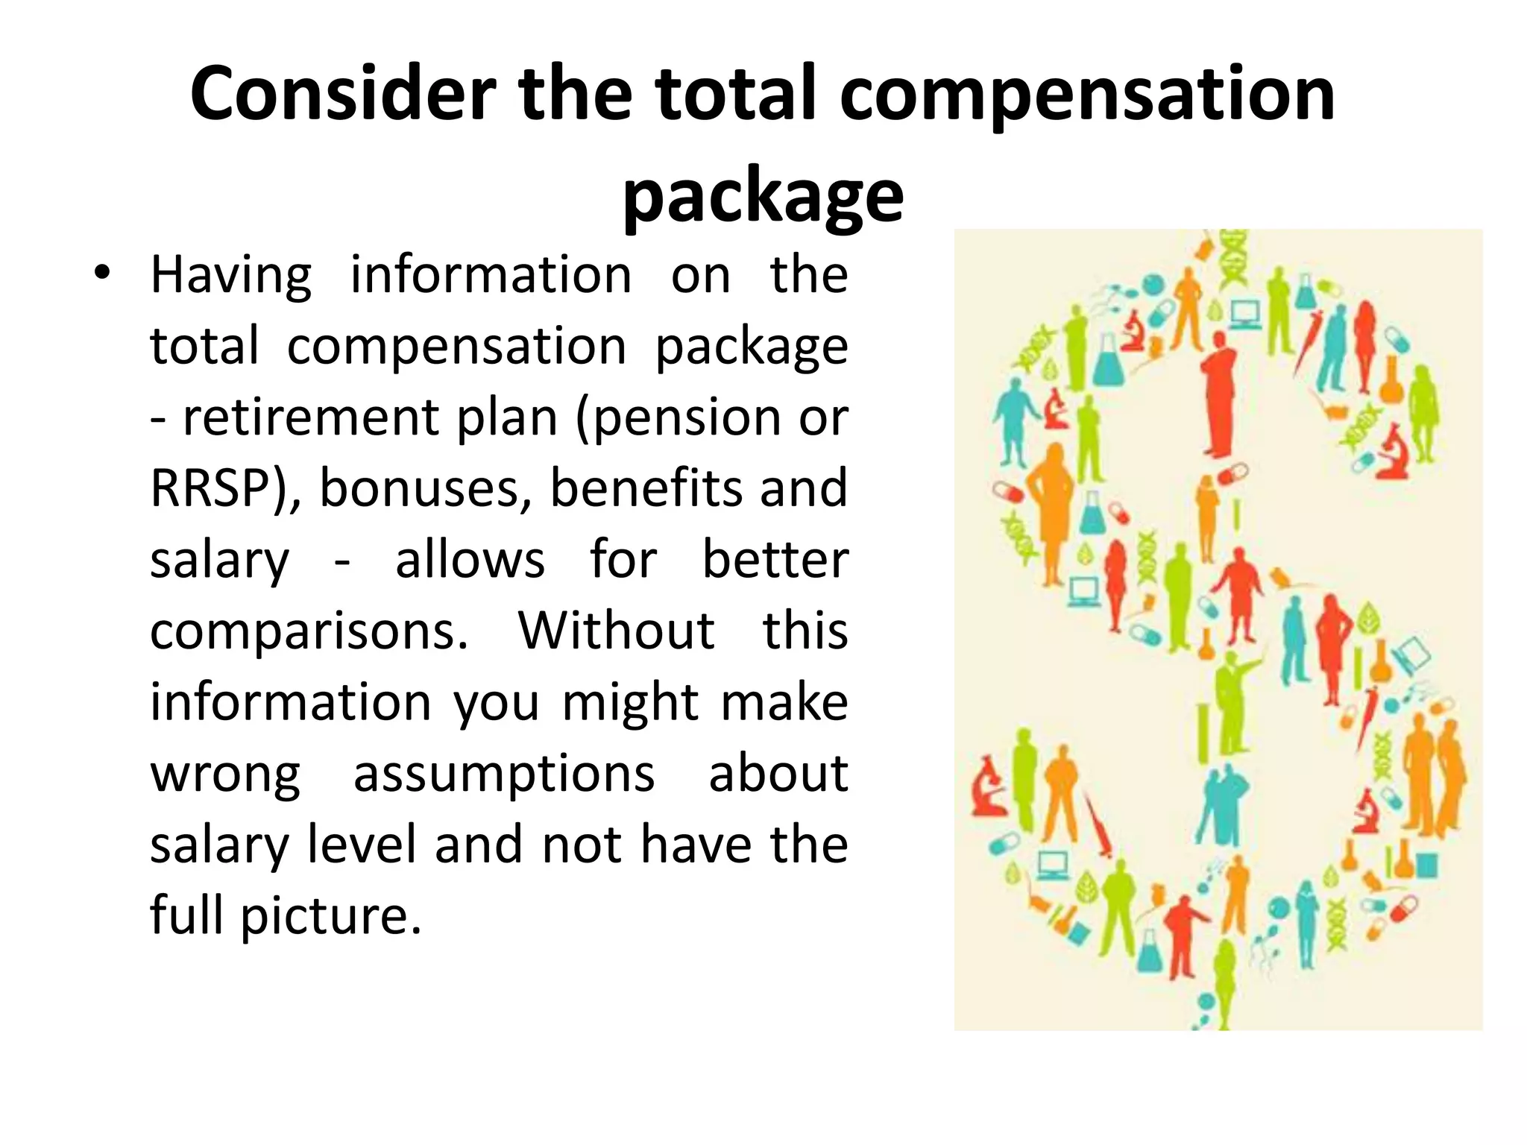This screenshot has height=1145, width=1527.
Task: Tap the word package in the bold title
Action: (763, 195)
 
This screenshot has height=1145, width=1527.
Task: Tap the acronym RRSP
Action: (210, 488)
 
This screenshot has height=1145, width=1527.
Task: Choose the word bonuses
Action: (426, 488)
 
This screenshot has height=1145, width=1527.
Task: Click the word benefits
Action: (644, 488)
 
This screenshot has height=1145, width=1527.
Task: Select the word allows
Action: (470, 559)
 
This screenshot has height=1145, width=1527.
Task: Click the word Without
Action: (617, 630)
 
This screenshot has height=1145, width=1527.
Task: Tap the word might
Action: (631, 702)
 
